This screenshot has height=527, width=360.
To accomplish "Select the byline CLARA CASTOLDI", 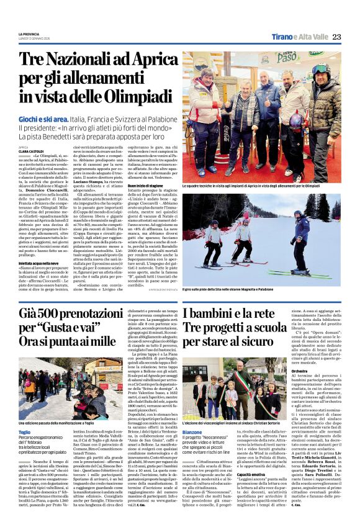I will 30,151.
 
